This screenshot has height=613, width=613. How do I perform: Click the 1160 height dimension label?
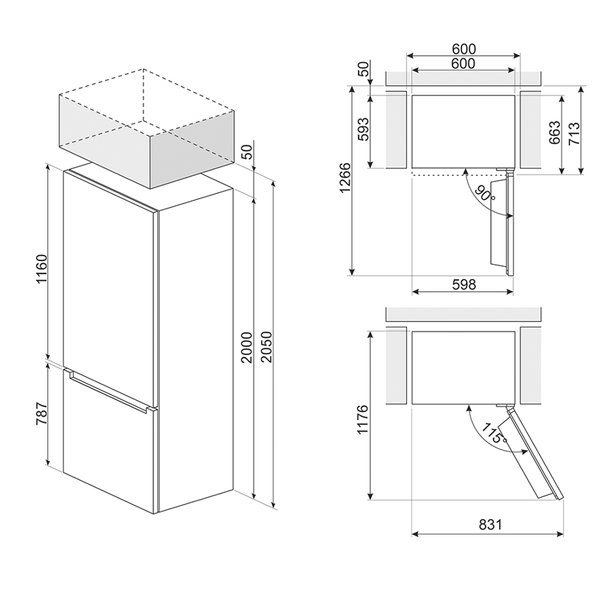41,269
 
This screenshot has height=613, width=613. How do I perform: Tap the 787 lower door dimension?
41,414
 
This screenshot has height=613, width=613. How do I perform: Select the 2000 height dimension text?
247,348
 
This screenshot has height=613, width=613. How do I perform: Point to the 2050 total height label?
266,347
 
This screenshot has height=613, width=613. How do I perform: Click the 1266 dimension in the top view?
344,178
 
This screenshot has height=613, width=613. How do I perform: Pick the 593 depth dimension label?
363,130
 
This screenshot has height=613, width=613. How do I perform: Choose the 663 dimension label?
554,132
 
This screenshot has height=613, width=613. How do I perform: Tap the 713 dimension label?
573,134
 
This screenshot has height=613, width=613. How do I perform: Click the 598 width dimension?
464,284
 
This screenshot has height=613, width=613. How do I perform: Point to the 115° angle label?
494,433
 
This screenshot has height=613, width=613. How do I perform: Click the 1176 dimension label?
363,419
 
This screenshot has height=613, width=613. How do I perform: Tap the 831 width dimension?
490,524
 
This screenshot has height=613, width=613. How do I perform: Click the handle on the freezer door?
108,391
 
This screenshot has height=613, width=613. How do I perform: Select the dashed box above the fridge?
146,129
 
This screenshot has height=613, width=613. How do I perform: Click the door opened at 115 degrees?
533,453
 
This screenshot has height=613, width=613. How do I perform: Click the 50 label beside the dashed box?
247,151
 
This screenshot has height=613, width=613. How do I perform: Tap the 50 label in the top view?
363,69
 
